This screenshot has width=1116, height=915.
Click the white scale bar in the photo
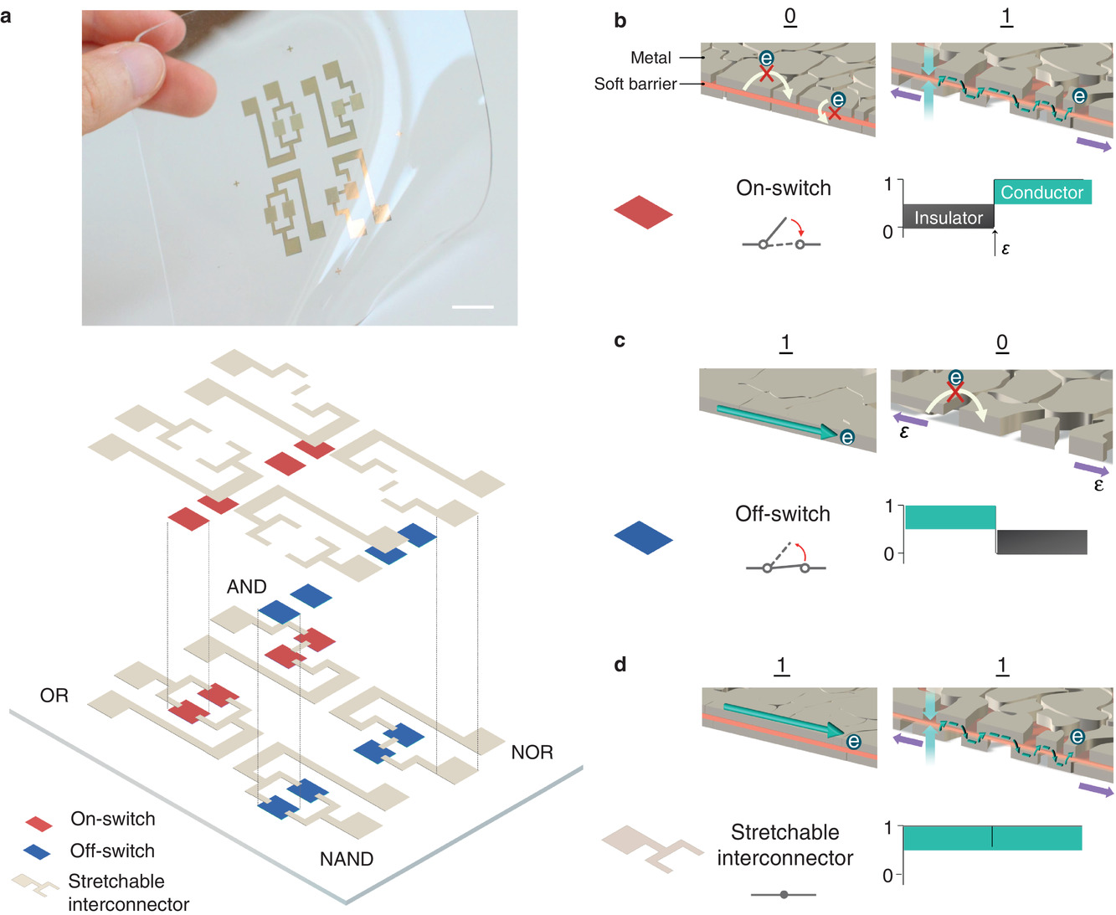tap(472, 307)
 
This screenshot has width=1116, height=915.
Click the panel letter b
tap(620, 21)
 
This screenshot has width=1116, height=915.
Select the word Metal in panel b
tap(651, 58)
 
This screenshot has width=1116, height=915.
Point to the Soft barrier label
tap(635, 84)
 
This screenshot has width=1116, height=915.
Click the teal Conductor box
tap(1042, 193)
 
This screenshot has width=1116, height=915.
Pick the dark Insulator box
tap(948, 217)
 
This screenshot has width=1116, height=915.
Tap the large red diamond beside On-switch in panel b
tap(643, 212)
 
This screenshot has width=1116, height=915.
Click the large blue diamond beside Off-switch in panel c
tap(643, 537)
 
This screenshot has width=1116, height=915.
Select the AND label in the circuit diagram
tap(246, 587)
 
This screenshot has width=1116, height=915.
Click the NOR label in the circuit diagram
tap(532, 753)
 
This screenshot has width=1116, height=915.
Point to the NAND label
tap(347, 859)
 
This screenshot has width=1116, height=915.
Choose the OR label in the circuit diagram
tap(54, 696)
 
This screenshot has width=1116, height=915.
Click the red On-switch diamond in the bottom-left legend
tap(39, 823)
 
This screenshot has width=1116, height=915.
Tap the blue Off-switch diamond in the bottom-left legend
tap(38, 852)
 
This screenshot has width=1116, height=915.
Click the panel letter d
tap(620, 665)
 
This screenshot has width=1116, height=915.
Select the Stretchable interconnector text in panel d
tap(784, 845)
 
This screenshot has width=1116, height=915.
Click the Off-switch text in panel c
tap(782, 514)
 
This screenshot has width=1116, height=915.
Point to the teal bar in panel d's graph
tap(992, 838)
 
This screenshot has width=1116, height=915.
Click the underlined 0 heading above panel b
tap(789, 17)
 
